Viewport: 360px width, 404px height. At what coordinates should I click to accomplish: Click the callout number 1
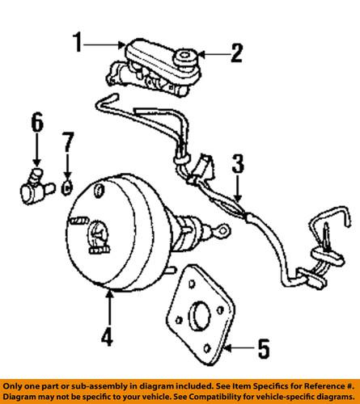[78, 42]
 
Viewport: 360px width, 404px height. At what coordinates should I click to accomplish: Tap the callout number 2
[236, 53]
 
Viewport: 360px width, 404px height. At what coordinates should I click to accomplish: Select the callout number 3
[238, 163]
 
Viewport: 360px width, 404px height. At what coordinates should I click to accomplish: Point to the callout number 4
[108, 335]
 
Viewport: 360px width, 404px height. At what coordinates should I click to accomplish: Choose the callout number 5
[264, 348]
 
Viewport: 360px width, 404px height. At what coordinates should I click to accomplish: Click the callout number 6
[37, 122]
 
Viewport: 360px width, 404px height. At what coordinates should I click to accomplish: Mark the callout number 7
[67, 142]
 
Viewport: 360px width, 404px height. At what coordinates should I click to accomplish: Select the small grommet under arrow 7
[66, 187]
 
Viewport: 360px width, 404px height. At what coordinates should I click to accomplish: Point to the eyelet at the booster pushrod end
[223, 230]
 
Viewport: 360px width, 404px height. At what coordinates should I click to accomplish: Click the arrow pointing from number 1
[104, 44]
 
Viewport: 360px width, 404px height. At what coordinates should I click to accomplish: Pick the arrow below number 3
[237, 188]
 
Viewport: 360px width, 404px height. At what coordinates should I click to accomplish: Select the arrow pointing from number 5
[239, 347]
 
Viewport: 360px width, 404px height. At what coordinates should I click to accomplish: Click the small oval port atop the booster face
[99, 190]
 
